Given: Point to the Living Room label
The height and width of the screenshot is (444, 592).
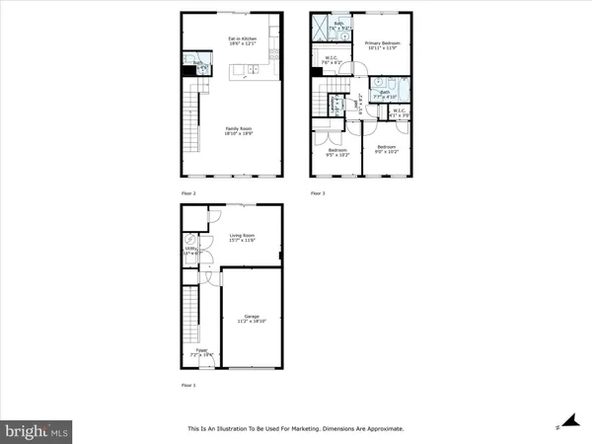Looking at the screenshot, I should (x=243, y=238).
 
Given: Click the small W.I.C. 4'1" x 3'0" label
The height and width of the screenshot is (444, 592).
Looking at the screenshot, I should (x=400, y=112).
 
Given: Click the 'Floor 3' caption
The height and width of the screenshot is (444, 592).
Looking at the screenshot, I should (x=318, y=193).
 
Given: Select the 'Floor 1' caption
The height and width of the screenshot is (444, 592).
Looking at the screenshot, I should (x=188, y=385).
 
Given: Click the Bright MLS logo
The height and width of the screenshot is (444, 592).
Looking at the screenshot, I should (x=37, y=431).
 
